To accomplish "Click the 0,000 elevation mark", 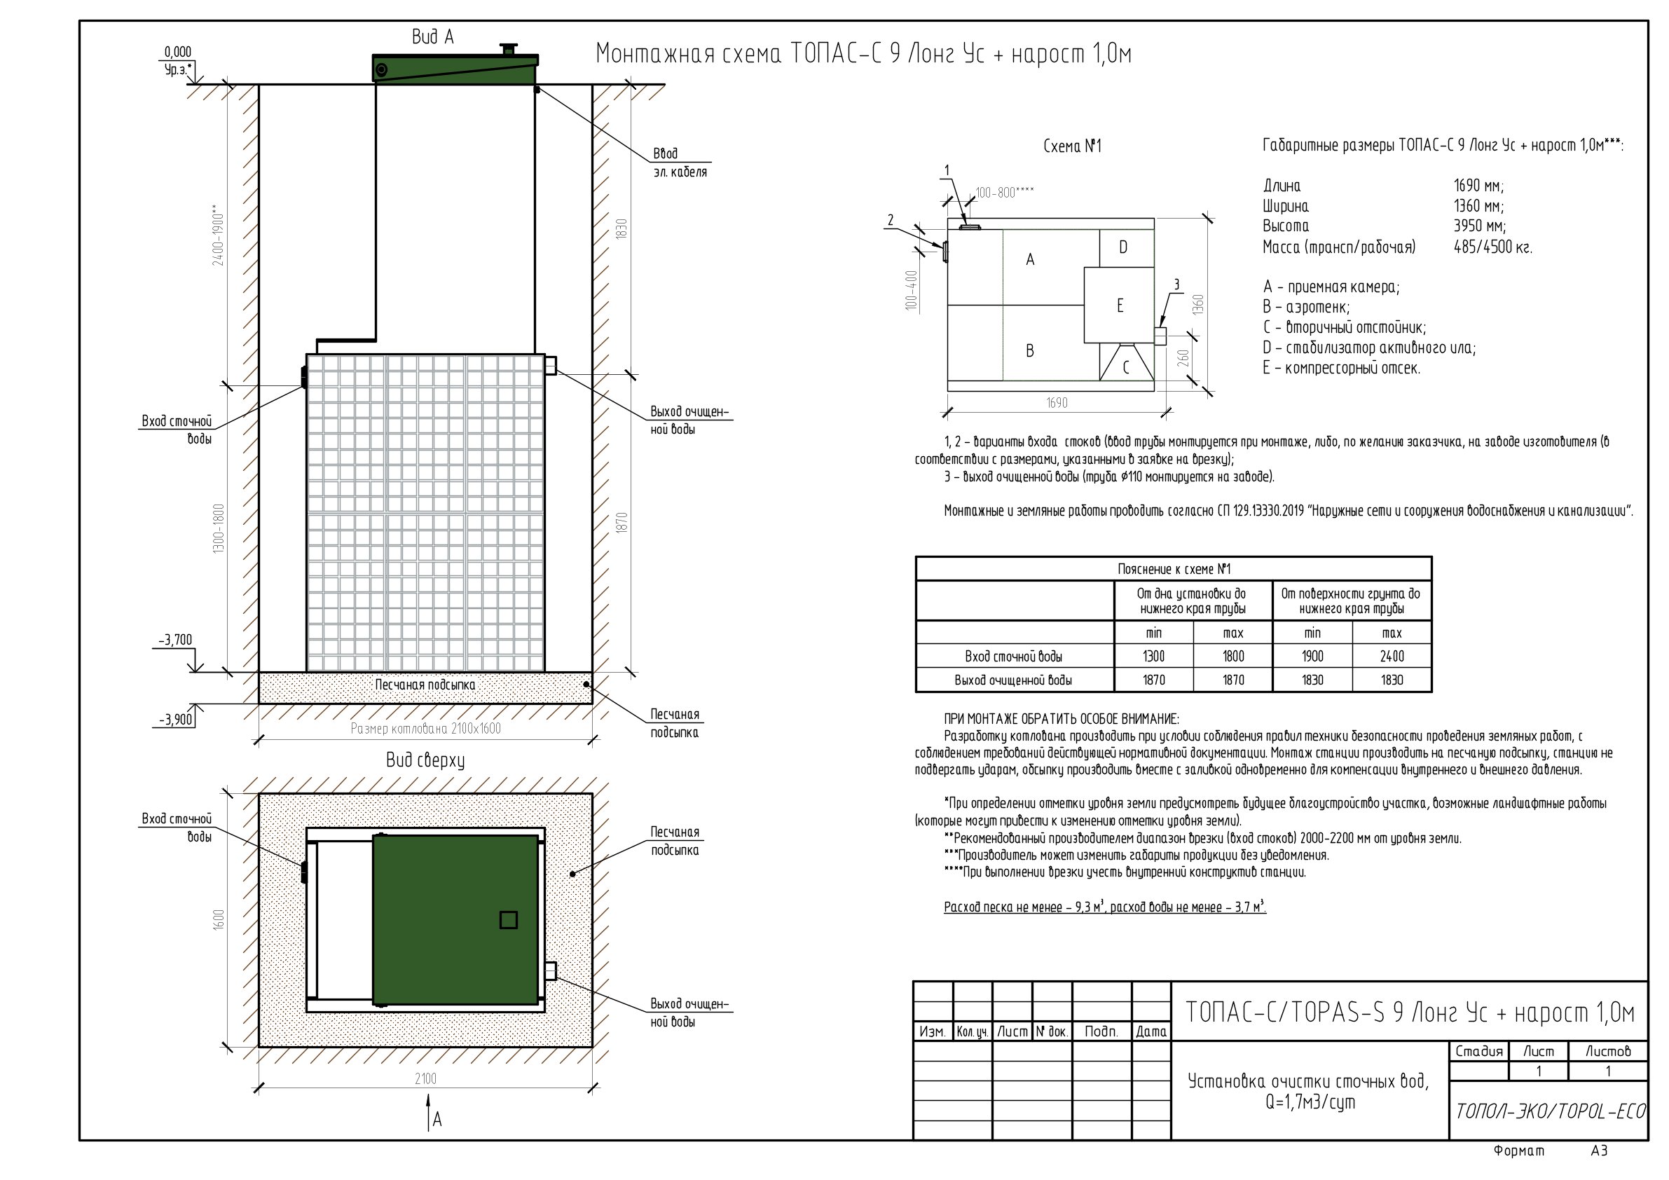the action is [178, 52].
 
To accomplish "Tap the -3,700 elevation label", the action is [176, 640].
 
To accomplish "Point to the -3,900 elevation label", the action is [176, 720].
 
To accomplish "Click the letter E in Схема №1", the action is [1120, 306].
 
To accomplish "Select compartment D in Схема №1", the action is [1123, 247].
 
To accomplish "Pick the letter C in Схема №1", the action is [1126, 367].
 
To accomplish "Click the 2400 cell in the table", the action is [1392, 657].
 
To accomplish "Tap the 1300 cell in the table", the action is [1153, 657].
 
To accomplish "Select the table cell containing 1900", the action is [1312, 657].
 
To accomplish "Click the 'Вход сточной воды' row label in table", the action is [1013, 657].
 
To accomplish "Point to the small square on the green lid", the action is [509, 921].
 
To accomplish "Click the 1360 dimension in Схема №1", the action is [1199, 304].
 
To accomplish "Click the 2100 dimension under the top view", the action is [425, 1079].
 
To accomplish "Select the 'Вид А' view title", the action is [432, 36].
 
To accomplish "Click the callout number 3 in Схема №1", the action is [1176, 285].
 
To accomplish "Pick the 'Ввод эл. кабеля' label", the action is [680, 163].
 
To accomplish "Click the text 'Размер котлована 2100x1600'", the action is [425, 729].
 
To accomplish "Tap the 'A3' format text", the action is [1599, 1151].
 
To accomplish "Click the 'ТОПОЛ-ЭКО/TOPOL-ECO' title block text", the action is [1550, 1111].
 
